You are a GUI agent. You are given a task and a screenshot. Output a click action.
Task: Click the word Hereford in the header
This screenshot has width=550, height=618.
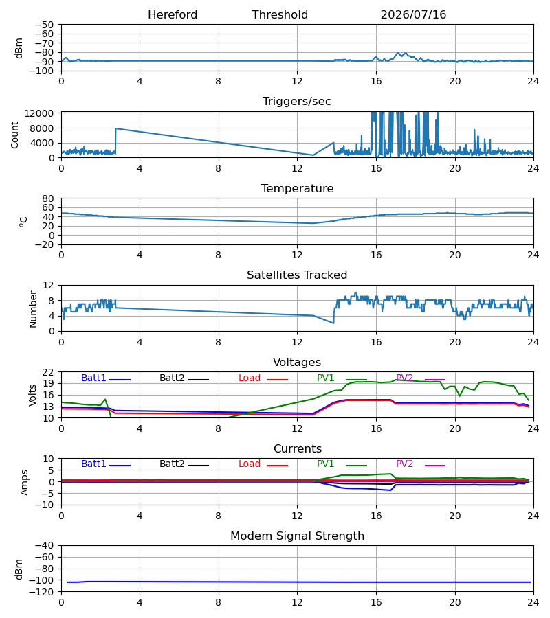tap(173, 15)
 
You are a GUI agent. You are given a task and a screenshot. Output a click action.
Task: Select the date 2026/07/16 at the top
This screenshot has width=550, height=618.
tap(413, 15)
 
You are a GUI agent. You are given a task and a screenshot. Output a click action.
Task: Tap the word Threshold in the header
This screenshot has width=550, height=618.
tap(280, 15)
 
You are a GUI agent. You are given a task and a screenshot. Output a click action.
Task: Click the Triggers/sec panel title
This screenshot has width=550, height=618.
tap(297, 102)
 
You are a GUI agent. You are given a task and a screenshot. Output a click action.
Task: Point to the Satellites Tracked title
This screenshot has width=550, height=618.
tap(297, 275)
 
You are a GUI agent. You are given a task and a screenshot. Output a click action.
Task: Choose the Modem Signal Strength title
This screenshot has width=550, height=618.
tap(297, 536)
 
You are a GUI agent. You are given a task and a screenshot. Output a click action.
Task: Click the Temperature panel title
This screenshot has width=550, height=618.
tap(297, 188)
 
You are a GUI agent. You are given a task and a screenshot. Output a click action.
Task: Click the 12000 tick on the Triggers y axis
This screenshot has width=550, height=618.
tap(39, 113)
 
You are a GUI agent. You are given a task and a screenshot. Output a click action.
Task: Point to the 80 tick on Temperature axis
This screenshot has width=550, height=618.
tap(48, 198)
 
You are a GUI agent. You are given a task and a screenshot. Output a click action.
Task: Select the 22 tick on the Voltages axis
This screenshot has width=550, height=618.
tap(48, 372)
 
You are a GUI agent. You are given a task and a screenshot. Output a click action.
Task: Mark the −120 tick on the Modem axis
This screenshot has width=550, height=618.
tap(42, 592)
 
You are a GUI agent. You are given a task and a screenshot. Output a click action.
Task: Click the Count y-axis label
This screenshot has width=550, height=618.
tap(14, 135)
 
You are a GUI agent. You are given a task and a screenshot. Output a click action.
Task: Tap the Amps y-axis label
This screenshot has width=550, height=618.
tap(25, 482)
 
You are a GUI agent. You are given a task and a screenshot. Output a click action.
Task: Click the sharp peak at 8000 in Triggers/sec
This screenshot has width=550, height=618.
tap(115, 128)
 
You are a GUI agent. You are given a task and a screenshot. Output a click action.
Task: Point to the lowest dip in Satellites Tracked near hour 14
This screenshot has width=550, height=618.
tap(333, 323)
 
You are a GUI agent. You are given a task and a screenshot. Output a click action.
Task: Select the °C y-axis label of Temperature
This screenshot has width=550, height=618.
tap(23, 222)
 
